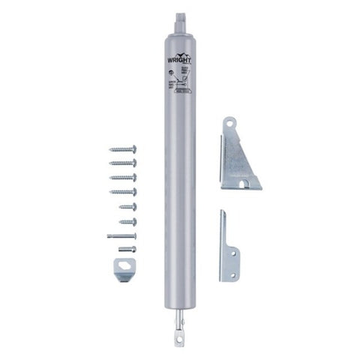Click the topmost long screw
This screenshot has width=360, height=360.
click(123, 148)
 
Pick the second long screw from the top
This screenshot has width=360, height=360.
click(123, 162)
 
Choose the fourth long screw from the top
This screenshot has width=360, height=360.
click(123, 191)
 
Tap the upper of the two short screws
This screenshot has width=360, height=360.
click(126, 206)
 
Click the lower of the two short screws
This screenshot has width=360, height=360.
click(126, 221)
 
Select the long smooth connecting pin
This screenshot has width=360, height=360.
click(122, 235)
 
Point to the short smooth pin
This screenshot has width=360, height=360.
click(127, 249)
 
